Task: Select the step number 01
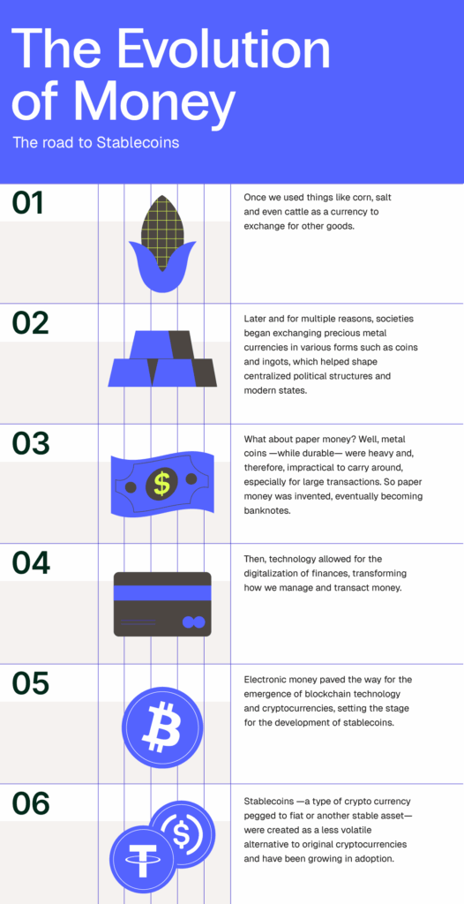coord(28,203)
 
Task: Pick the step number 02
coord(30,323)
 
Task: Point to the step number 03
coord(30,442)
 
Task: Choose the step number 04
coord(30,562)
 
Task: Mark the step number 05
coord(30,682)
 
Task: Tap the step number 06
coord(30,802)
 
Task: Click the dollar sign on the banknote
coord(161,483)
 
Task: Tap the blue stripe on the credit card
coord(162,593)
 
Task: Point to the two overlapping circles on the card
coord(192,623)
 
